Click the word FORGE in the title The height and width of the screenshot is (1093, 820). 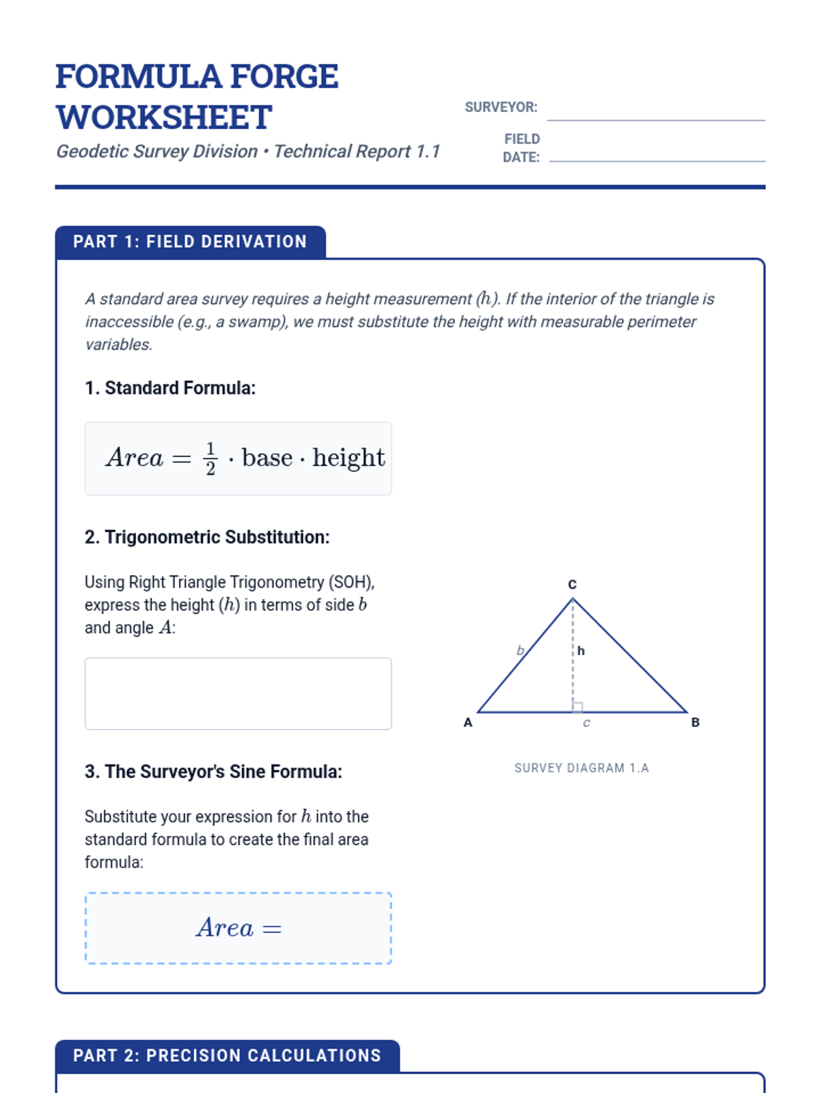(x=284, y=77)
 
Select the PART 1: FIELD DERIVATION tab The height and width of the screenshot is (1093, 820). (x=190, y=242)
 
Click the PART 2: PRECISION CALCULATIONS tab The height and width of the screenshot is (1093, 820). (x=227, y=1055)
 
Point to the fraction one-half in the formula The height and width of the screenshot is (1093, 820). (x=210, y=458)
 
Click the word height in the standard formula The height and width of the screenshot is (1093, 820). (x=348, y=458)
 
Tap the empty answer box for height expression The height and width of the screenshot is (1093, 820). (x=238, y=693)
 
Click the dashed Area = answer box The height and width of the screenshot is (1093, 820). (x=238, y=928)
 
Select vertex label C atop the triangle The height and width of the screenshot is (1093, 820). (x=573, y=585)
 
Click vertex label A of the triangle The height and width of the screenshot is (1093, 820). (x=468, y=723)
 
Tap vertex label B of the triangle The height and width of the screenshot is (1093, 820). (x=695, y=723)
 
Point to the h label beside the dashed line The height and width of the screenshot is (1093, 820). (x=581, y=651)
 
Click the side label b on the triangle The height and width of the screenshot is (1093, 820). (x=520, y=650)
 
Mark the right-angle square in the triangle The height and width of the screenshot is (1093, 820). (x=578, y=707)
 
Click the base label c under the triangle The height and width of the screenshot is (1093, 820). (x=586, y=723)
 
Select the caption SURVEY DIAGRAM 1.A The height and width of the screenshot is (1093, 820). (x=582, y=768)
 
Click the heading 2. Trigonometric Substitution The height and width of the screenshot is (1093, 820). (x=207, y=537)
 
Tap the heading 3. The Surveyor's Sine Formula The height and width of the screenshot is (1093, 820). (x=213, y=771)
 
